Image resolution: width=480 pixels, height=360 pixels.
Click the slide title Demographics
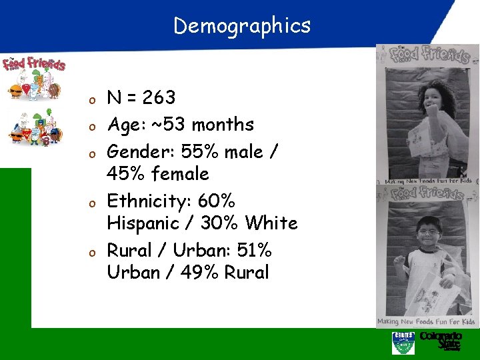242,25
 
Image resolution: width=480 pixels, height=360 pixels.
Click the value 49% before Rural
198,272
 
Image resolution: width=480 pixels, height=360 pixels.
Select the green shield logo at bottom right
403,343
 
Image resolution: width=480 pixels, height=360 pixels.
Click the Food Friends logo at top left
34,65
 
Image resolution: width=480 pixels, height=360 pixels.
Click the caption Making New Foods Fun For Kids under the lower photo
426,321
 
